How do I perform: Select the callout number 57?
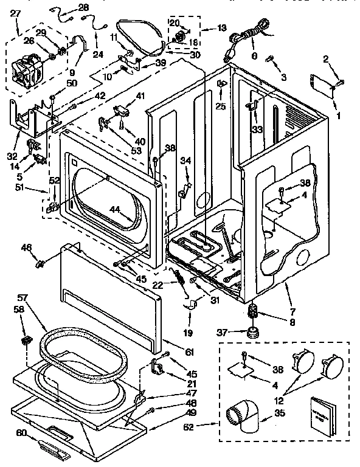click(x=23, y=299)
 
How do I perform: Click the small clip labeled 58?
click(x=26, y=338)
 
